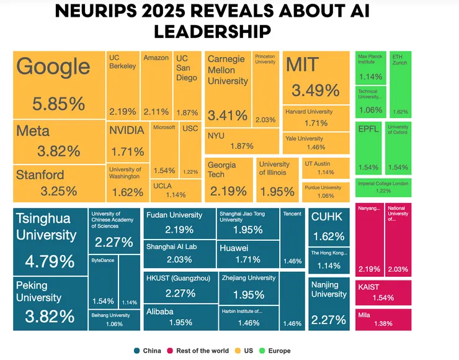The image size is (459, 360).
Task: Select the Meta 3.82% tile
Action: click(59, 142)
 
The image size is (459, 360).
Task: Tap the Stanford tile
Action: click(59, 183)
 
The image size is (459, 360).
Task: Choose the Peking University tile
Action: click(50, 303)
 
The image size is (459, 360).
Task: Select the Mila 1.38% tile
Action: click(383, 320)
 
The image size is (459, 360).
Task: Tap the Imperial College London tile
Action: click(383, 187)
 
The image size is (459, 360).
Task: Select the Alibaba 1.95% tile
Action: click(180, 317)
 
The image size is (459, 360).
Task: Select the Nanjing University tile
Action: click(329, 304)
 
